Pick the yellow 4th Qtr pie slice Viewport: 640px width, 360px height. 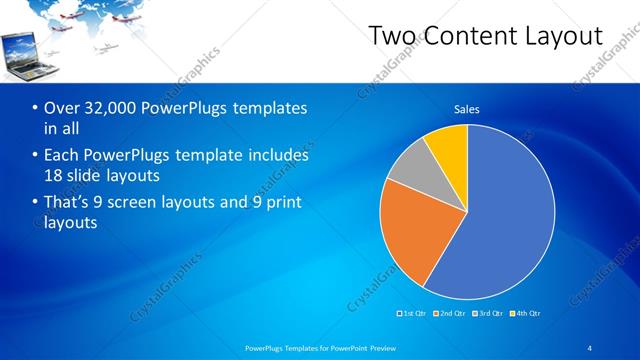tap(448, 147)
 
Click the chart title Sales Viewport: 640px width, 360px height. tap(467, 108)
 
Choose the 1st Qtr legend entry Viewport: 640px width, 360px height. tap(413, 313)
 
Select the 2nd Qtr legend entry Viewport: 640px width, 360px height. tap(452, 313)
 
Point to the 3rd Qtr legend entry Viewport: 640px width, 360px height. tap(490, 313)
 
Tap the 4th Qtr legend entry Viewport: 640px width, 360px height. tap(527, 313)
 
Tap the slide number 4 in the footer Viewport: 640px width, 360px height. tap(590, 348)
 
